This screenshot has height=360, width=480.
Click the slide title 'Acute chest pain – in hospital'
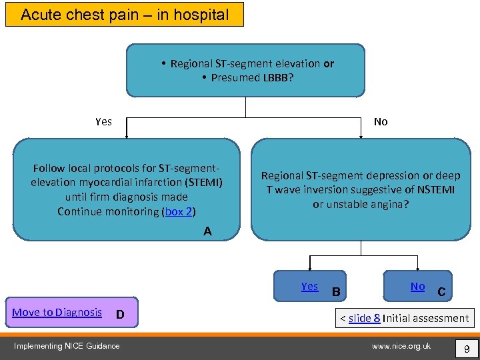tap(125, 14)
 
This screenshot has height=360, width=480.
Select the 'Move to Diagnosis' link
tap(57, 312)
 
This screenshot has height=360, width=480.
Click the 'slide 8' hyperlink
tap(364, 318)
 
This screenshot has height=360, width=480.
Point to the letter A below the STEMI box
tap(208, 231)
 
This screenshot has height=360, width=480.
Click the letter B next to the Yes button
tap(336, 291)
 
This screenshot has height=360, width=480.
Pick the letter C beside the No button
tap(441, 291)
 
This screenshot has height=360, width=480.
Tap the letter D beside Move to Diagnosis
tap(119, 314)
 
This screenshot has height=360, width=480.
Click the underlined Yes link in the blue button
tap(309, 286)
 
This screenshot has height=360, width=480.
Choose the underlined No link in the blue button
tap(417, 286)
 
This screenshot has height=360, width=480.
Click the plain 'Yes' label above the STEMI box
tap(103, 121)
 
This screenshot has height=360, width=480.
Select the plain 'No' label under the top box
tap(381, 121)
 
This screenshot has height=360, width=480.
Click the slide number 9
tap(466, 348)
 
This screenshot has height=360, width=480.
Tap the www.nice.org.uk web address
tap(401, 346)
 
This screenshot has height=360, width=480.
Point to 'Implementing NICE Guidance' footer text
tap(68, 346)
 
